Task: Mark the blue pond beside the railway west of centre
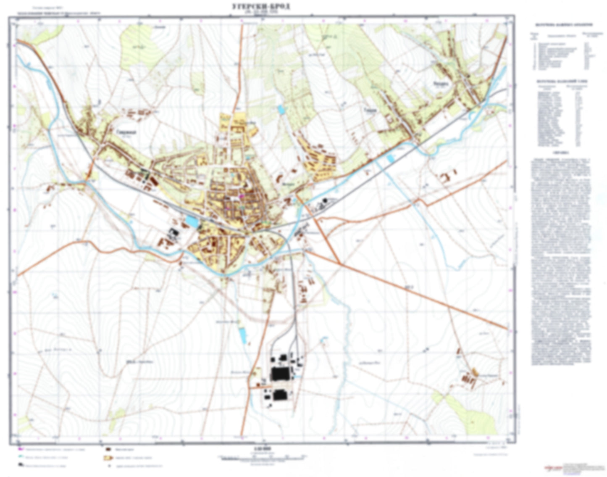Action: (192, 221)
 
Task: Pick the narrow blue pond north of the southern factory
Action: (242, 335)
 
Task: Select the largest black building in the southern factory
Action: (279, 373)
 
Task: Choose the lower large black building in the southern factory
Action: (279, 395)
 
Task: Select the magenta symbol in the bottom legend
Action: (20, 449)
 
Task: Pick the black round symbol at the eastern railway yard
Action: (325, 202)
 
